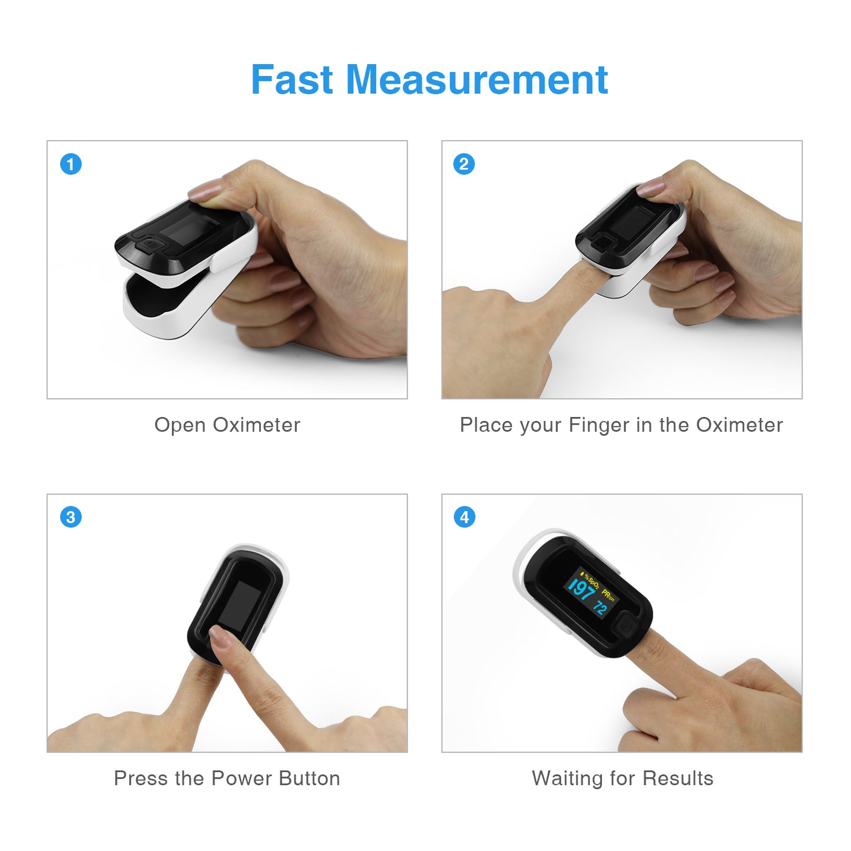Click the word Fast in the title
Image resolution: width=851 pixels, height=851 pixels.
tap(292, 80)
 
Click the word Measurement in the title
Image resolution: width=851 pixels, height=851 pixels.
tap(477, 80)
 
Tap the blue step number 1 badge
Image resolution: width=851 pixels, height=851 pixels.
tap(71, 164)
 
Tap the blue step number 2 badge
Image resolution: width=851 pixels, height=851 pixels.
tap(463, 164)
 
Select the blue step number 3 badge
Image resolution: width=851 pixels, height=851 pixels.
tap(71, 517)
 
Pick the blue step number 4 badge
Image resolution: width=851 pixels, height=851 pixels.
tap(464, 517)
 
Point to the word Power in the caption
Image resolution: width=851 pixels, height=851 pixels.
tap(241, 778)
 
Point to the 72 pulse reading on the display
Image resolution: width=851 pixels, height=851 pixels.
tap(600, 608)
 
